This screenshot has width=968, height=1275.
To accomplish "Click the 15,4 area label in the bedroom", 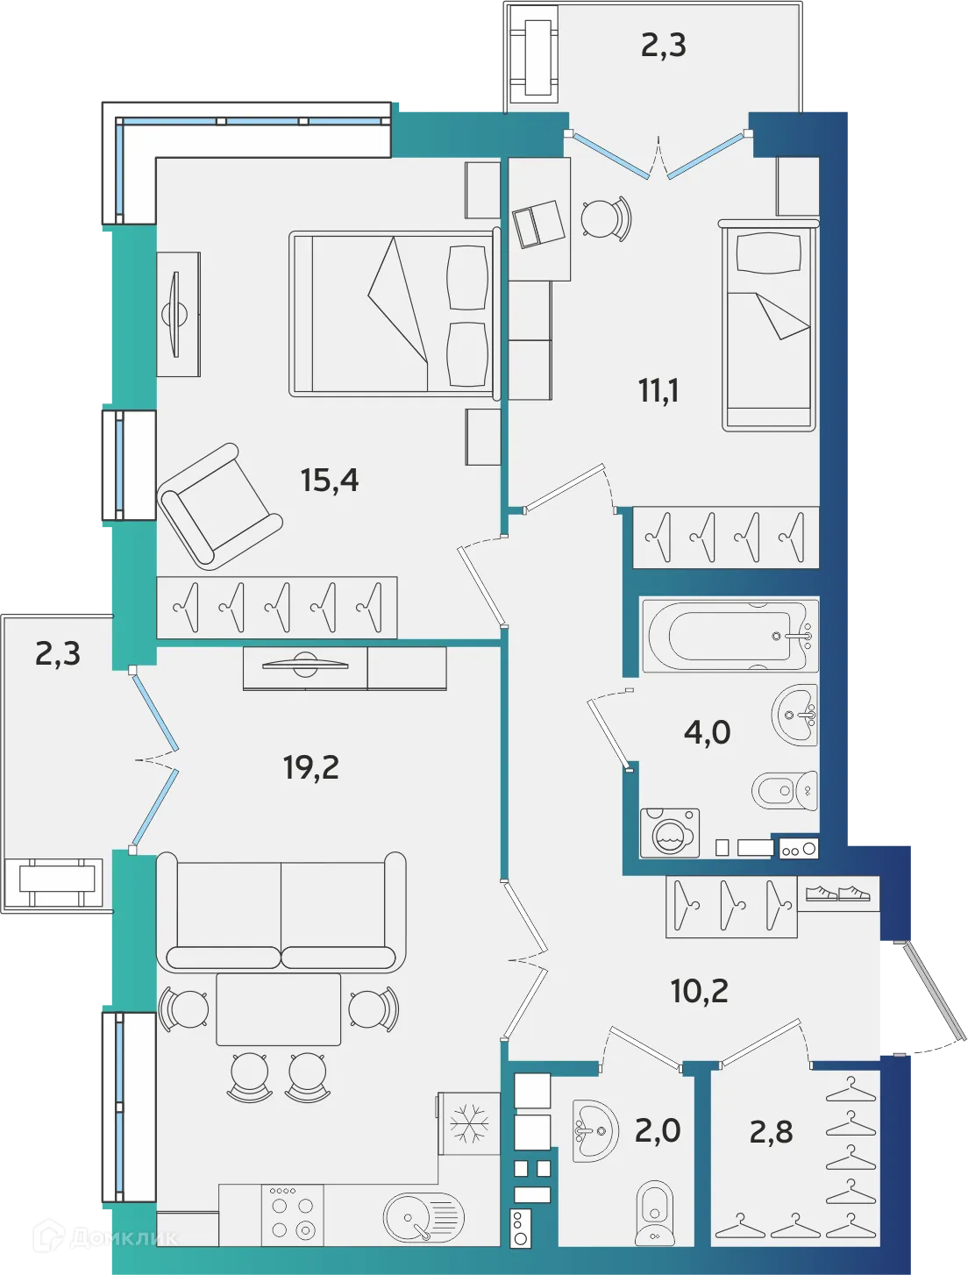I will point(330,481).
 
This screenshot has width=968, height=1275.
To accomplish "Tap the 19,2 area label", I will point(310,767).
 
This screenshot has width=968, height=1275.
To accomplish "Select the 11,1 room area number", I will point(658,390).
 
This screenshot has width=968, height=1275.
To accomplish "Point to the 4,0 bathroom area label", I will point(707,731).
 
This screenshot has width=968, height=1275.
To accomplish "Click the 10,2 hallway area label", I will point(699,991).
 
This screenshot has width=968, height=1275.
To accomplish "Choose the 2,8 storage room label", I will point(771,1132).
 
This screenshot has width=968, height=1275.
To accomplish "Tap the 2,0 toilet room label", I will point(658,1131).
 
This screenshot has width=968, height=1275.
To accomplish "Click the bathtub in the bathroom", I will point(729,636).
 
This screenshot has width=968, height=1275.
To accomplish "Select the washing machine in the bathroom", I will point(670,833).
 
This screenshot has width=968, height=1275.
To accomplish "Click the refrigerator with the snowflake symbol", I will point(469,1123).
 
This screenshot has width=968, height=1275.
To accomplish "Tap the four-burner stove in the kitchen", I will point(293,1215).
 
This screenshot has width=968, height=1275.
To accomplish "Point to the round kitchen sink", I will point(423,1217).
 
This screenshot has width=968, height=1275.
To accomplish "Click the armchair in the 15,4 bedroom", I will point(219,506).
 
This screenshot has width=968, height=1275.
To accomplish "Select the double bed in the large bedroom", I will point(393,313).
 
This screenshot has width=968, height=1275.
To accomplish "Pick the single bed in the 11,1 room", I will point(769,326).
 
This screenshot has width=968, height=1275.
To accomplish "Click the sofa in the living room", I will point(281,912).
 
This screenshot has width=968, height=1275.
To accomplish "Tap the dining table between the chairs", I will point(279,1008).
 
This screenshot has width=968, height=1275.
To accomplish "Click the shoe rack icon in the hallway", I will point(837,894).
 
